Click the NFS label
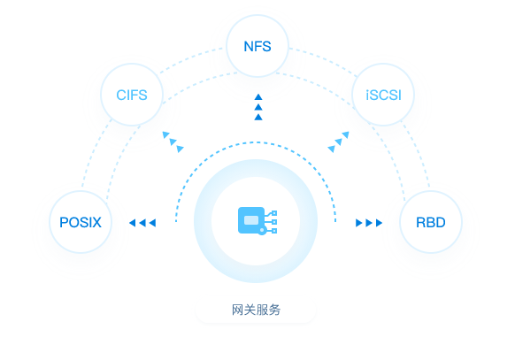click(x=257, y=46)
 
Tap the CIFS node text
click(x=132, y=96)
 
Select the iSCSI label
click(x=383, y=96)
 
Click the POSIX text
click(x=81, y=223)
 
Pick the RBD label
click(x=431, y=223)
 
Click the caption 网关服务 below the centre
click(x=256, y=310)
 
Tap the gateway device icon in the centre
click(x=257, y=221)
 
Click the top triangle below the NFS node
click(x=258, y=96)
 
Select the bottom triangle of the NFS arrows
click(x=258, y=117)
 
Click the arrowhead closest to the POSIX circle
click(x=133, y=223)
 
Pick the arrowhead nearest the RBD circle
click(x=379, y=223)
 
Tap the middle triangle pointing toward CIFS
click(x=173, y=142)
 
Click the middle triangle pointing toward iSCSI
click(x=338, y=142)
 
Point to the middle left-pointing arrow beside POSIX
click(x=142, y=223)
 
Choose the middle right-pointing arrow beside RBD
click(x=369, y=223)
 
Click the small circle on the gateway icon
click(x=262, y=231)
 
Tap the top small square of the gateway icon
click(x=274, y=213)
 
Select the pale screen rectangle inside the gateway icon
click(x=251, y=220)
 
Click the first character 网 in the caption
click(x=237, y=310)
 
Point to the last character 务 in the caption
click(x=274, y=310)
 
